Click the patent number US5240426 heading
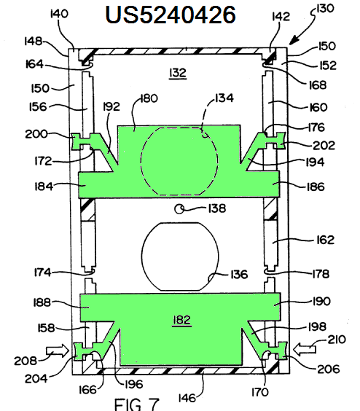(171, 15)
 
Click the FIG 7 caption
(137, 404)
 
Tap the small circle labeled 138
(179, 209)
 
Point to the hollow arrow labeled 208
(58, 351)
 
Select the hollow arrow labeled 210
(305, 349)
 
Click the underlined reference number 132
(178, 73)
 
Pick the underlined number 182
(181, 321)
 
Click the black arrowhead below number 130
(294, 40)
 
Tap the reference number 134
(224, 98)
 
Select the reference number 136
(239, 275)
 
